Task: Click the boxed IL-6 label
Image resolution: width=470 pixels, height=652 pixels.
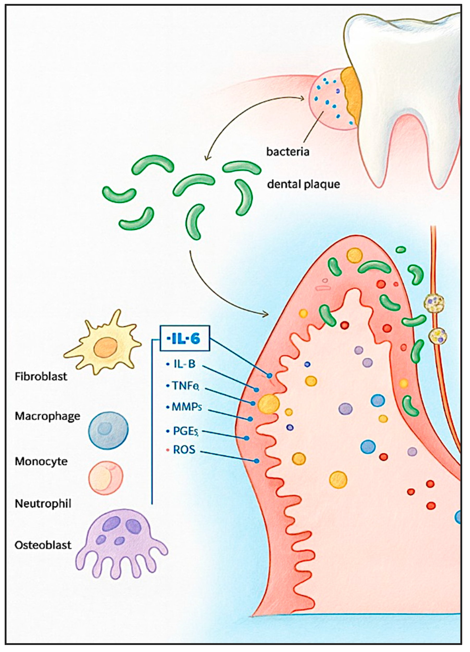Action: pyautogui.click(x=184, y=339)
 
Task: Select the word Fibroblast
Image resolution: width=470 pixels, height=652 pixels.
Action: pyautogui.click(x=41, y=376)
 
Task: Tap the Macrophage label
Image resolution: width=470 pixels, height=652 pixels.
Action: pyautogui.click(x=47, y=416)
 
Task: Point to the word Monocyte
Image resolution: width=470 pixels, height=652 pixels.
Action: pyautogui.click(x=41, y=461)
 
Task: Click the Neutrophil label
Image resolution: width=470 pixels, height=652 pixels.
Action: pyautogui.click(x=43, y=503)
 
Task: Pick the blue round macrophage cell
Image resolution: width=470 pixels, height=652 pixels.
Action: pyautogui.click(x=108, y=430)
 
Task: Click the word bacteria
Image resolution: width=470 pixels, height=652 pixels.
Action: pyautogui.click(x=288, y=151)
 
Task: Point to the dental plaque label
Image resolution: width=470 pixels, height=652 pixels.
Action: pyautogui.click(x=303, y=184)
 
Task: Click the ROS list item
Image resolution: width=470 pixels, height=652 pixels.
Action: pyautogui.click(x=184, y=449)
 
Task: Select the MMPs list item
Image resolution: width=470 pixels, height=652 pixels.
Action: pyautogui.click(x=186, y=407)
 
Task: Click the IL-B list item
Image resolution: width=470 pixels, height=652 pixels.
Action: pyautogui.click(x=184, y=364)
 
